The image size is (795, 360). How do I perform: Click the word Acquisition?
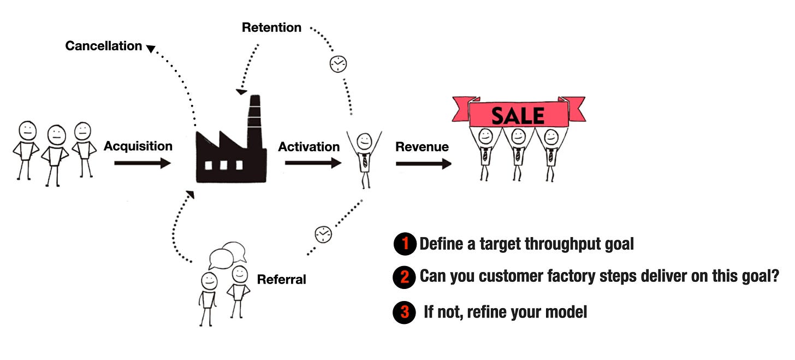coord(138,146)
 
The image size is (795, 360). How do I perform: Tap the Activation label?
coord(308,147)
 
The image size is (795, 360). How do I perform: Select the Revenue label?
coord(422,147)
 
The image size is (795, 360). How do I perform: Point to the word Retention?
coord(271,27)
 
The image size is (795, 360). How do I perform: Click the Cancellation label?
coord(104,46)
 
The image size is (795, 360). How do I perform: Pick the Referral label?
coord(281,280)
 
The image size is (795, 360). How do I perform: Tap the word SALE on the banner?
coord(518,115)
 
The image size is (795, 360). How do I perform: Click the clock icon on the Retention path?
coord(338,64)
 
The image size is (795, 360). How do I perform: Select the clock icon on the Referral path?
coord(323,234)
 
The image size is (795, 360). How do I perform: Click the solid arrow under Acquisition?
coord(143,163)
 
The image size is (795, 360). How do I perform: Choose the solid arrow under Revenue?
coord(424,163)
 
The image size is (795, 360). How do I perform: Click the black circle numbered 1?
coord(405,244)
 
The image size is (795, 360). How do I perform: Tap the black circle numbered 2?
coord(405,278)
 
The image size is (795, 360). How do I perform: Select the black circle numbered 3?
coord(405,313)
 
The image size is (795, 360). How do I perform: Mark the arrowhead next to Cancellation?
coord(151,48)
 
